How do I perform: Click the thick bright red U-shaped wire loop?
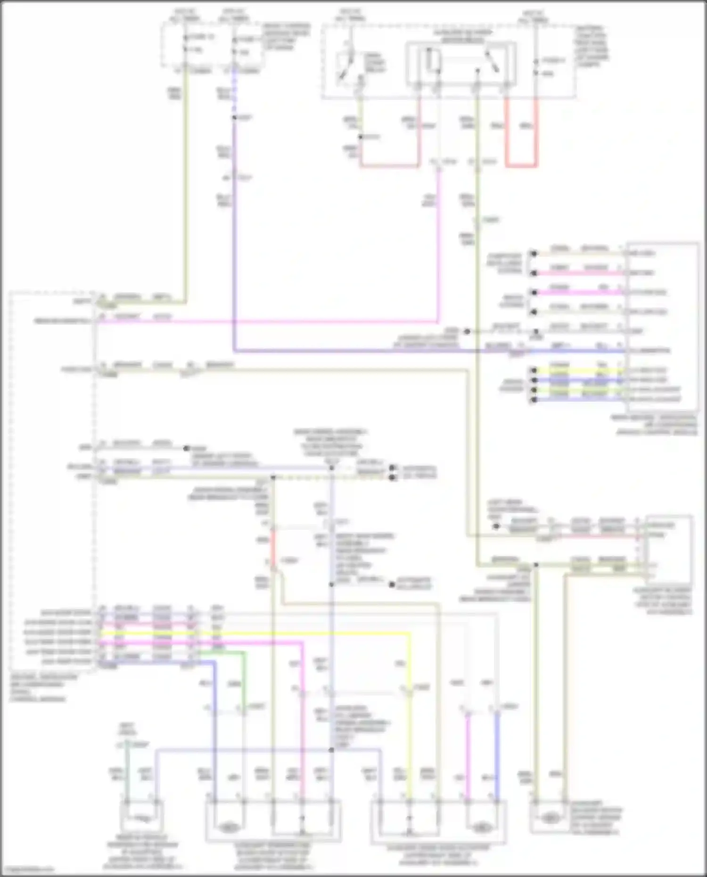point(521,165)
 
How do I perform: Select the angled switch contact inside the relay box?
point(493,61)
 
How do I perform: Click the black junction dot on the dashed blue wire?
point(234,117)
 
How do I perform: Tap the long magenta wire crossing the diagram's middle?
point(269,322)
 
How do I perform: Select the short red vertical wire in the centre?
point(272,547)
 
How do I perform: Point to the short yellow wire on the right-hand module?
point(580,370)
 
